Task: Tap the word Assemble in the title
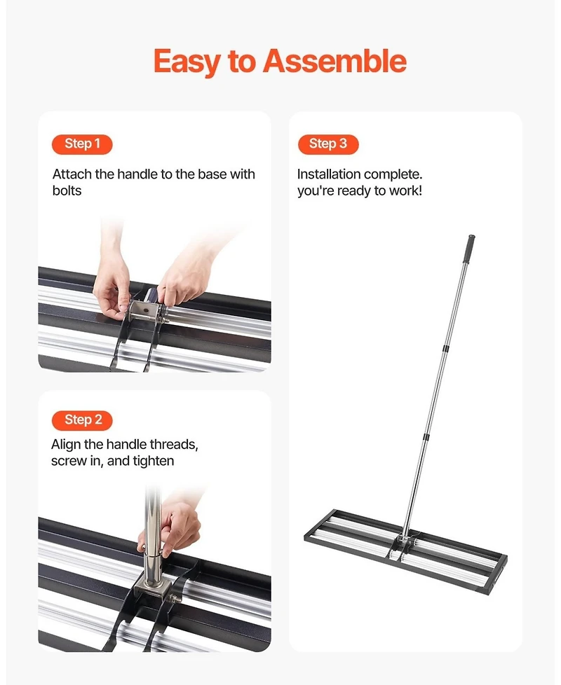(334, 62)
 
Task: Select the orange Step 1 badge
(82, 144)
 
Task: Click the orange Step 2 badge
(82, 420)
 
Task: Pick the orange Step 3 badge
(327, 144)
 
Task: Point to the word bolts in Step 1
(67, 191)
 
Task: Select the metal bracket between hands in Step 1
(143, 310)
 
